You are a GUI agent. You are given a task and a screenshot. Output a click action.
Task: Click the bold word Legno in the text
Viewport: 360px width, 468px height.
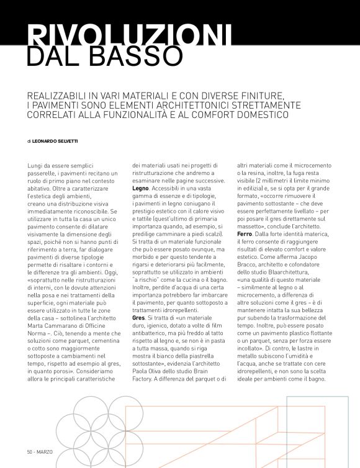141,187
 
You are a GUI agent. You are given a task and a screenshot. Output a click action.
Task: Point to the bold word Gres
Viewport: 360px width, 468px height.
138,317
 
